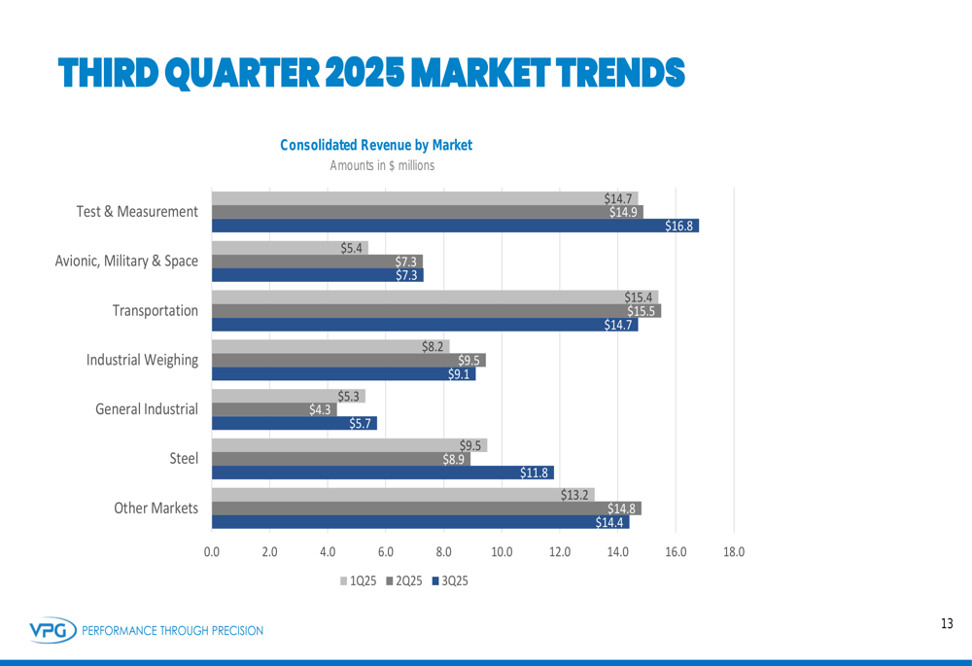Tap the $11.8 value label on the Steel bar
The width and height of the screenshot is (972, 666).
tap(536, 473)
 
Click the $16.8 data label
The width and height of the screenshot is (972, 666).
tap(679, 227)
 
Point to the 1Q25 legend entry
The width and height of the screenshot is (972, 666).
tap(358, 581)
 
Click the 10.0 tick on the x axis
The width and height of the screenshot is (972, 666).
tap(502, 552)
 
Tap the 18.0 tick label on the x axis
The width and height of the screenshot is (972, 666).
tap(734, 552)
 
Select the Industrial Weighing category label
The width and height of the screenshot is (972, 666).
tap(142, 360)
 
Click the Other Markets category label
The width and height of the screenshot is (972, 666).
tap(156, 508)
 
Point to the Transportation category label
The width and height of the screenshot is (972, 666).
tap(155, 311)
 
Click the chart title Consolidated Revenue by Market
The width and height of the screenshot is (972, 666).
tap(376, 145)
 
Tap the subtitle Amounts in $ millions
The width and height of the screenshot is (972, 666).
tap(382, 165)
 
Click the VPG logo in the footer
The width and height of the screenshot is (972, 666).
tap(52, 630)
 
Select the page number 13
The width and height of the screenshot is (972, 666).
tap(947, 623)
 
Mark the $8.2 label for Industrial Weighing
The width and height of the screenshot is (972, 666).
tap(434, 346)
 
